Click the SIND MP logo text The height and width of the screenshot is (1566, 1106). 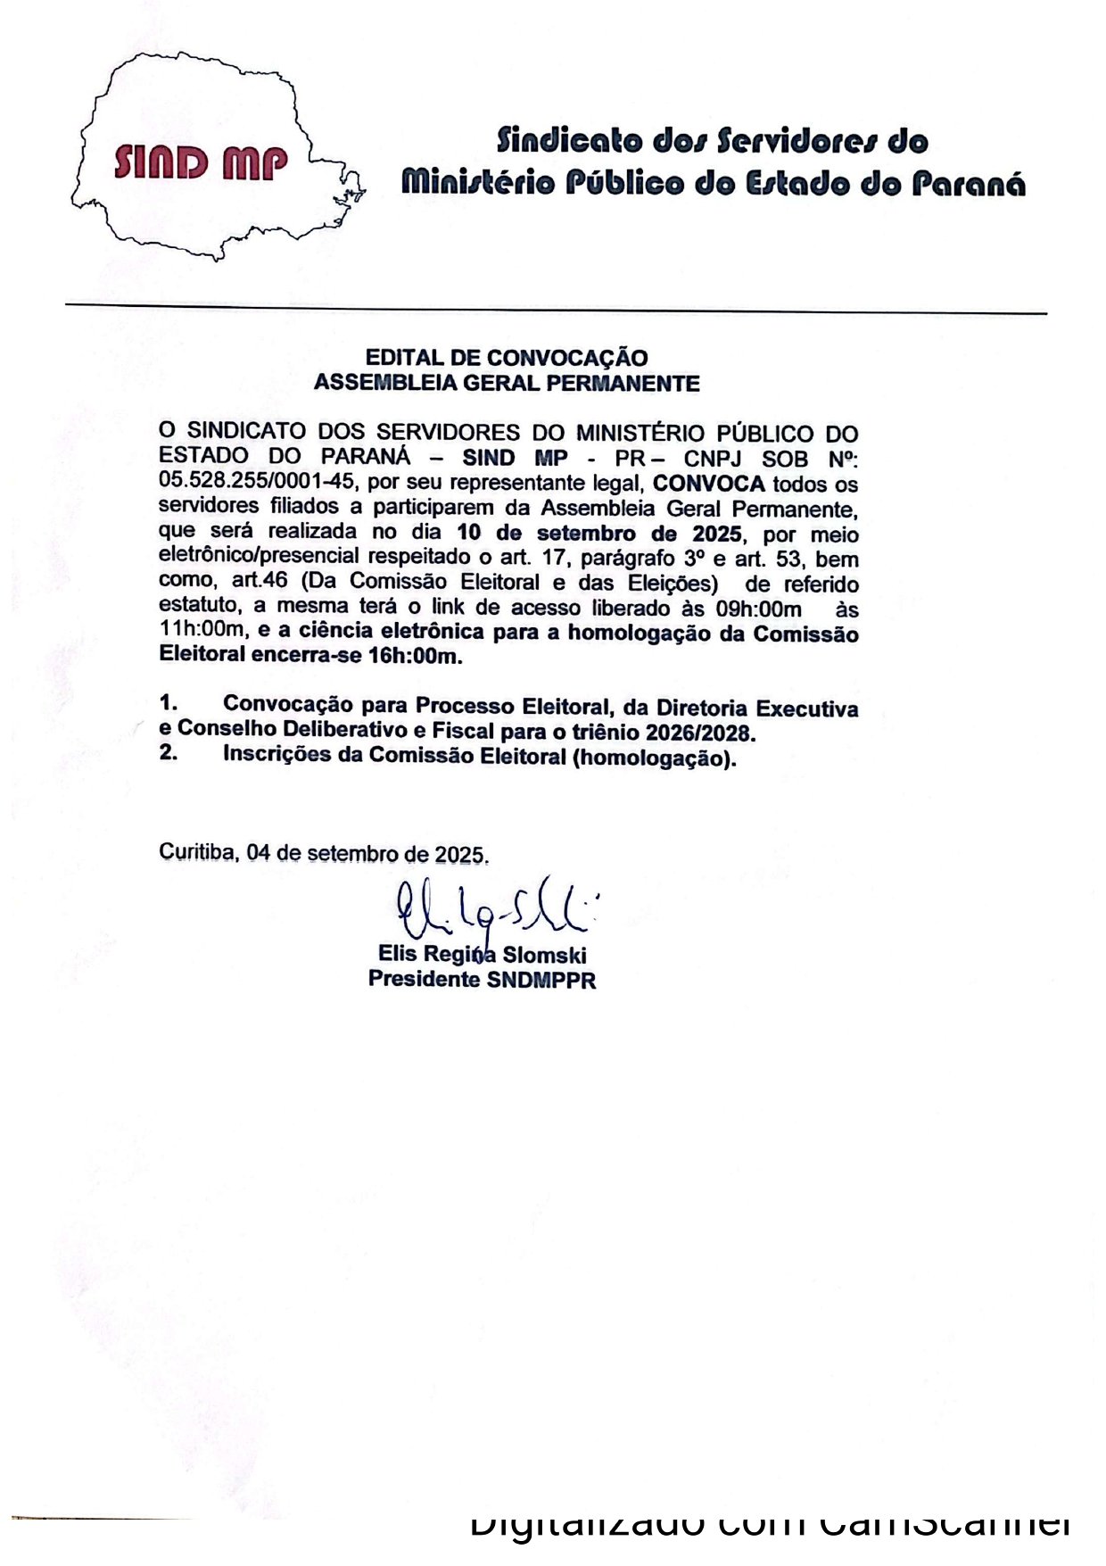pyautogui.click(x=201, y=163)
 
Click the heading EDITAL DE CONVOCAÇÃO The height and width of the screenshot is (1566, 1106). pyautogui.click(x=507, y=358)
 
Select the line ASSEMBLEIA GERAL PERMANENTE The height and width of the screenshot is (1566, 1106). pyautogui.click(x=507, y=384)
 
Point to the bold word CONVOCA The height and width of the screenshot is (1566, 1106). pyautogui.click(x=709, y=484)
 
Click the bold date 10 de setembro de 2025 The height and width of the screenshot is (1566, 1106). pyautogui.click(x=598, y=534)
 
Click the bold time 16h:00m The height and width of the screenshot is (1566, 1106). pyautogui.click(x=415, y=658)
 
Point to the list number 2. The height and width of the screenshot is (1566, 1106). pyautogui.click(x=167, y=755)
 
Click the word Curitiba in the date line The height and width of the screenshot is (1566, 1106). pyautogui.click(x=198, y=852)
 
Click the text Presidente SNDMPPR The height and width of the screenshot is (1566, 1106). pyautogui.click(x=482, y=980)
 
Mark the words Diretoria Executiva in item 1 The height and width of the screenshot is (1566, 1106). pyautogui.click(x=757, y=708)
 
